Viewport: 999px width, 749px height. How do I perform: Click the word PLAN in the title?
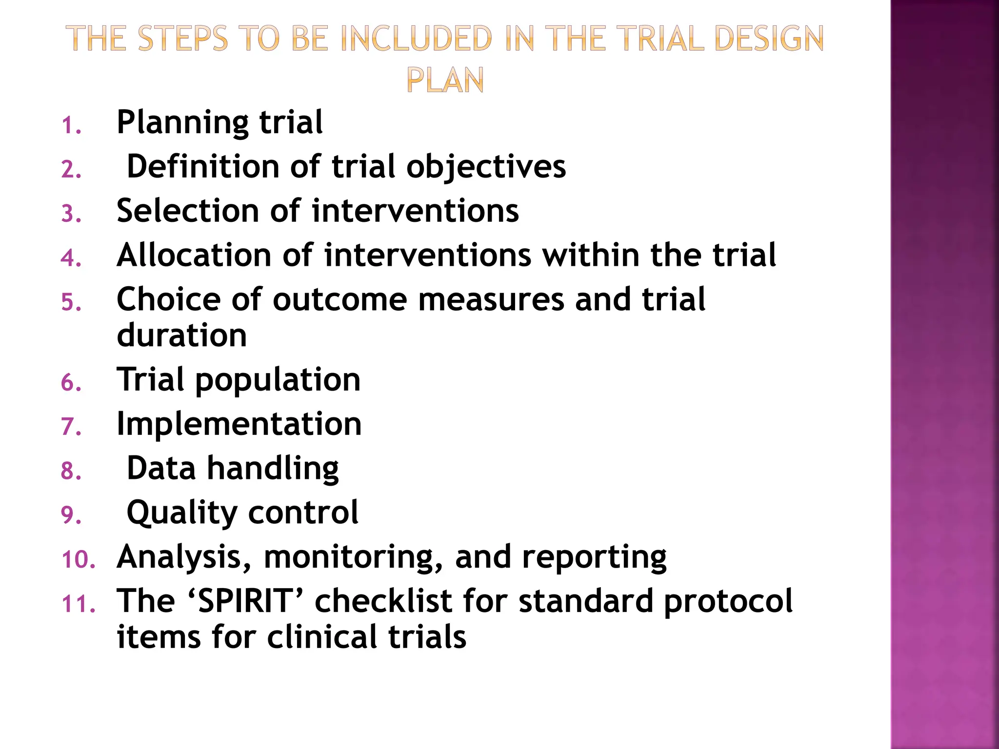(445, 80)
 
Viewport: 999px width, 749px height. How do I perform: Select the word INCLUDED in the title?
(416, 39)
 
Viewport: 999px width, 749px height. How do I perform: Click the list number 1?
(71, 126)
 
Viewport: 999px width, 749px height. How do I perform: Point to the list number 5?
(71, 303)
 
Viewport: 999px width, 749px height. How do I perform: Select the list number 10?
(79, 560)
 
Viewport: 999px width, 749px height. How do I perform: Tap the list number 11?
(79, 604)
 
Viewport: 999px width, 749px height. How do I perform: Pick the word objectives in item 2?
(486, 167)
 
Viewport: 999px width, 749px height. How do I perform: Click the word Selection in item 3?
(187, 211)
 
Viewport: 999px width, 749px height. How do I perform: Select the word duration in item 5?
(182, 335)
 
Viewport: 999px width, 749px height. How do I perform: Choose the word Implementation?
(239, 423)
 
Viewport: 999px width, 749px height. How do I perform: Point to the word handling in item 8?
(273, 469)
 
